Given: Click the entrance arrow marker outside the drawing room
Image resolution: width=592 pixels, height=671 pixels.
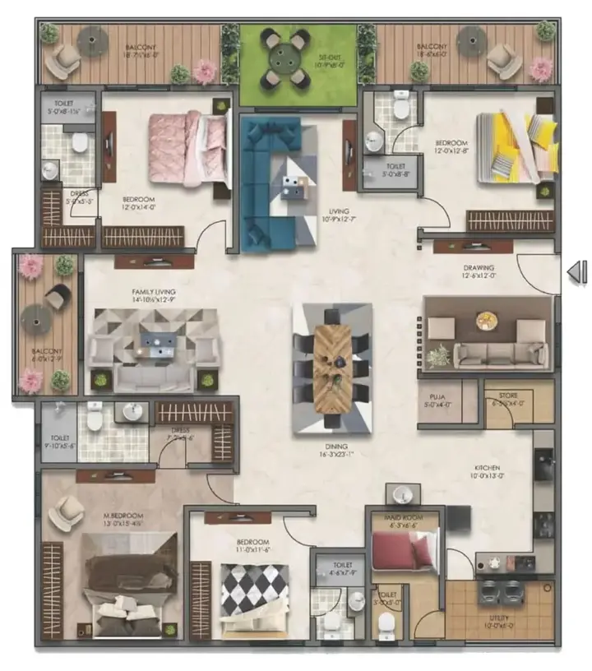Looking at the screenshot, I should tap(578, 272).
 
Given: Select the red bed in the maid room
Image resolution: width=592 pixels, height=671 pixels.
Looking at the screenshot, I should tap(402, 548).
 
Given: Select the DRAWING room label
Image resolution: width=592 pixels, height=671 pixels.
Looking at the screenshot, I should tap(477, 267).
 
